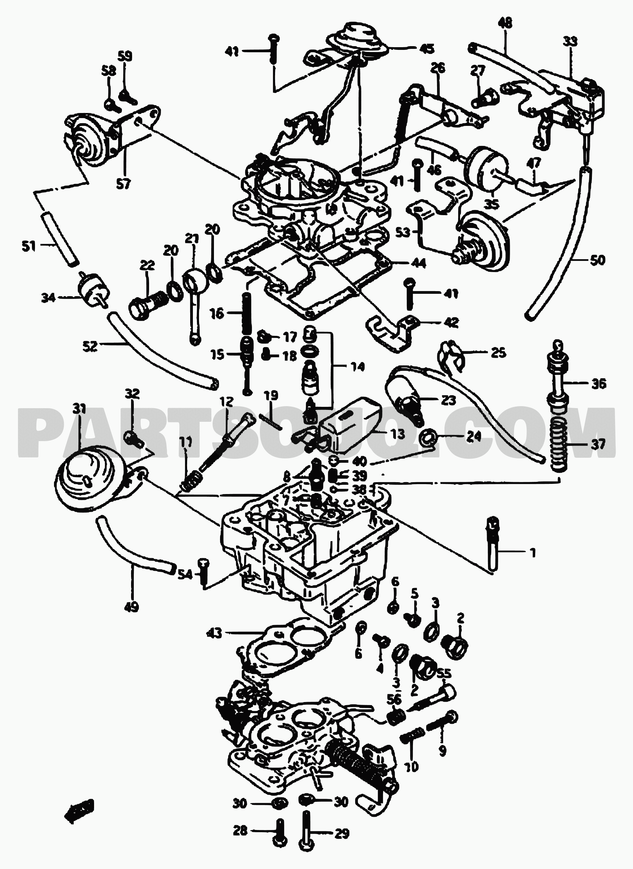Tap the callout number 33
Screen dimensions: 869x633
570,41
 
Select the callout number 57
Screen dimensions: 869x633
124,185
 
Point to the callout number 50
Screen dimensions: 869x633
597,260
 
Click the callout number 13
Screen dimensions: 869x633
398,434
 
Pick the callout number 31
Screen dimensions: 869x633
79,409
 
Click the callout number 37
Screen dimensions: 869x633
598,445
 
